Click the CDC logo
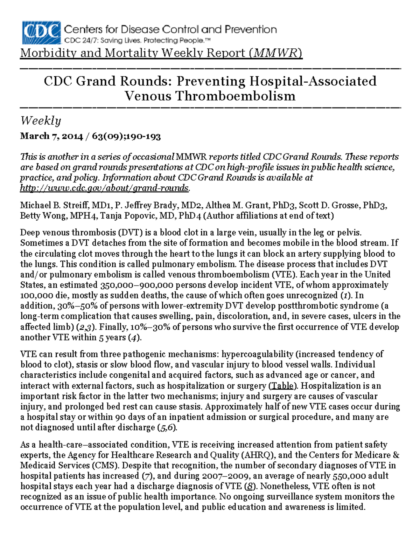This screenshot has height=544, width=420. pos(41,33)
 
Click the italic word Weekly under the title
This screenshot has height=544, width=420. pos(41,121)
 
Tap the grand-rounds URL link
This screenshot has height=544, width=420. pos(104,188)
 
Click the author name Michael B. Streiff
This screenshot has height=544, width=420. pos(50,205)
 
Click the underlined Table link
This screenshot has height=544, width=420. pos(283,386)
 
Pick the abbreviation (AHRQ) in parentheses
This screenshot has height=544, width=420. pos(258,455)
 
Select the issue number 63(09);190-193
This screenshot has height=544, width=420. pos(126,136)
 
